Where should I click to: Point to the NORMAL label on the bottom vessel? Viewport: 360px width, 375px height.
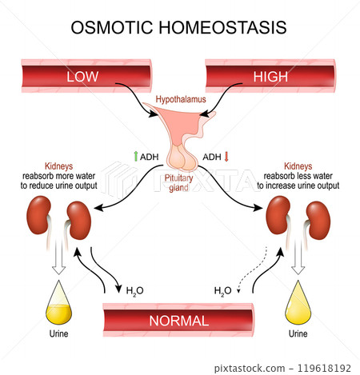click(179, 321)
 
